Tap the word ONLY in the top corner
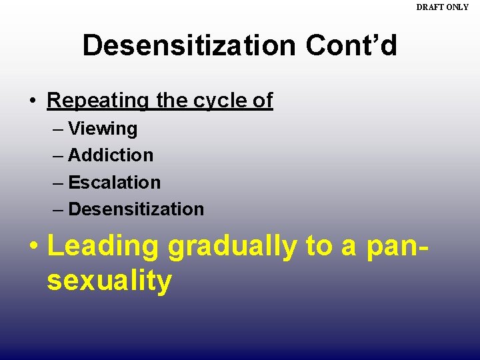458,7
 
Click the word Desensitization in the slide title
189,46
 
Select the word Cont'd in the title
351,46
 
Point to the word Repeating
99,101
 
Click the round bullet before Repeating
32,101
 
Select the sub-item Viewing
103,129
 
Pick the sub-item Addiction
111,155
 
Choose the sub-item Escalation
114,183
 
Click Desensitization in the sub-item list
136,209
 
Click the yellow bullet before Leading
33,247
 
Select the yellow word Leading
103,247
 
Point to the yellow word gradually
233,247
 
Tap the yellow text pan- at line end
396,247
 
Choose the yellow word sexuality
109,281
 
